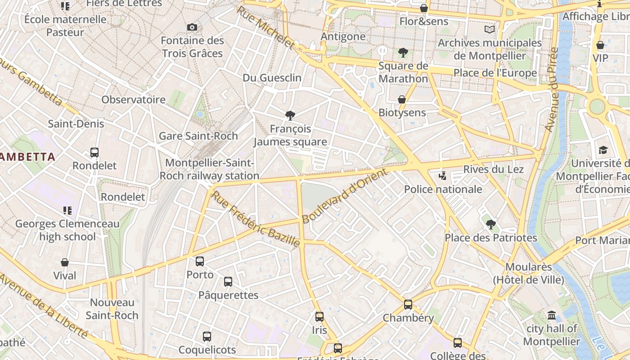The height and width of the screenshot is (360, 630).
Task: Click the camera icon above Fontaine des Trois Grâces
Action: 192,27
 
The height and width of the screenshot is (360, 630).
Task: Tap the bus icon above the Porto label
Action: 200,261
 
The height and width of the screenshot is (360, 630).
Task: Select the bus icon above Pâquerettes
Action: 228,282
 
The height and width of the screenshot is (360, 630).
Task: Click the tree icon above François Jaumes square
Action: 290,116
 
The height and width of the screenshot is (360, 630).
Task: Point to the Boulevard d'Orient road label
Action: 344,196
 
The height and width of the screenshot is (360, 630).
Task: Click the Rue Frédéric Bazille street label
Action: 256,219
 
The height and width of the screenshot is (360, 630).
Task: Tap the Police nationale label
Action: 443,189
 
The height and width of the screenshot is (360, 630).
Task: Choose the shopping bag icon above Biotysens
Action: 402,99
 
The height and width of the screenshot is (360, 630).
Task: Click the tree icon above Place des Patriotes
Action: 491,224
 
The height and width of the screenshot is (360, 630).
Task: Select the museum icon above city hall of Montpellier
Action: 552,315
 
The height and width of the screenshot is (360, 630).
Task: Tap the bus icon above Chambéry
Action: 408,305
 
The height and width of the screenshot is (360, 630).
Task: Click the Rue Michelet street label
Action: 265,28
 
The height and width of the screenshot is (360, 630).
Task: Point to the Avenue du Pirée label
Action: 551,90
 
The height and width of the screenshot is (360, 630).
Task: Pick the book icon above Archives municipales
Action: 490,30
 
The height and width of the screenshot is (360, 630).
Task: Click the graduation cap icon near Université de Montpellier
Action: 603,150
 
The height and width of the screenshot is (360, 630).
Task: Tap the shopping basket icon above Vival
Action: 65,262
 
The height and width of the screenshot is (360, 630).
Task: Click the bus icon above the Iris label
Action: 319,317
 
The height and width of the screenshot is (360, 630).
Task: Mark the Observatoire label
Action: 134,99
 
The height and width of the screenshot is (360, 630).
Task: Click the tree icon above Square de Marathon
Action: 403,53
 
